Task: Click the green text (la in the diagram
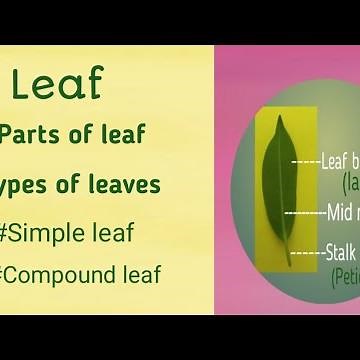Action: pyautogui.click(x=350, y=181)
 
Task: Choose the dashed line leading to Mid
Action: pyautogui.click(x=304, y=212)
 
